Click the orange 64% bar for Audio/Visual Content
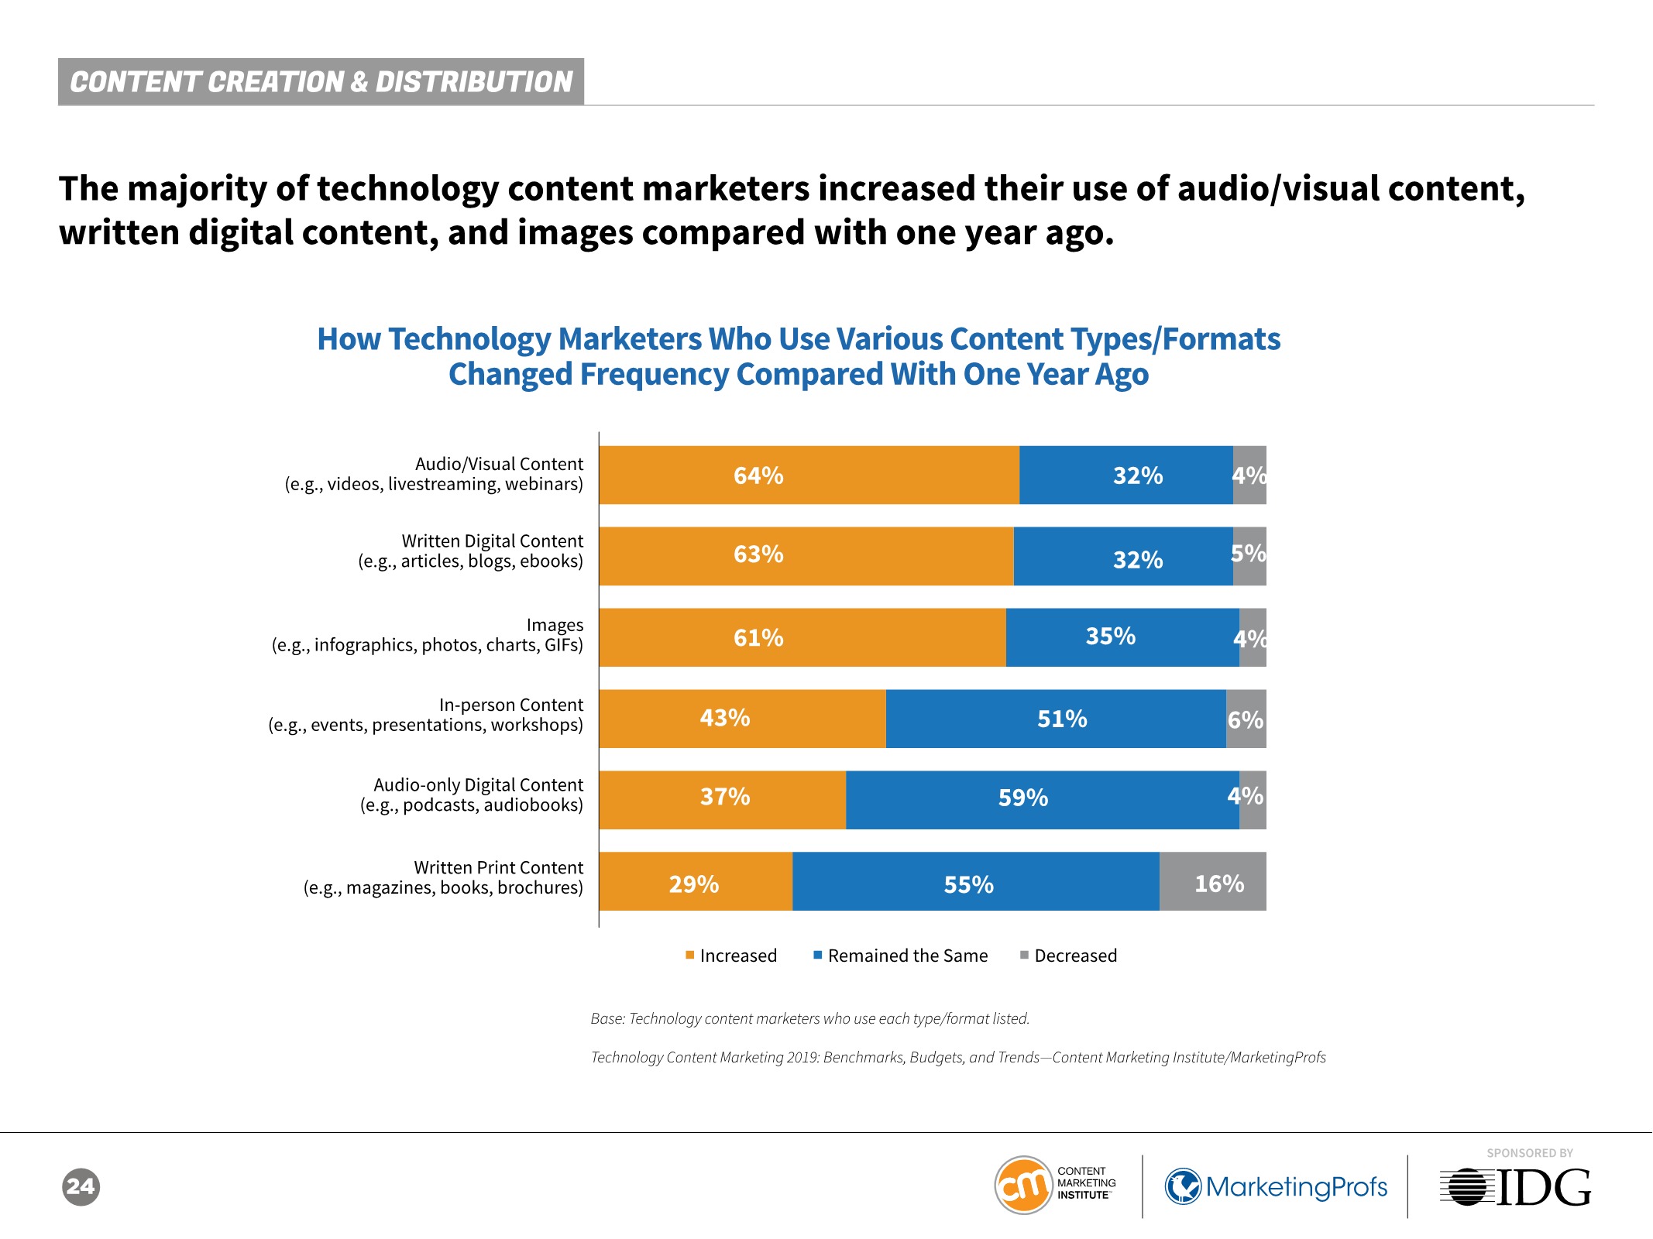[x=809, y=475]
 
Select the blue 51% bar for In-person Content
[x=1056, y=719]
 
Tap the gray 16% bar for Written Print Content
[x=1212, y=881]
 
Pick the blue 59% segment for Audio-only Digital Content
[x=1042, y=800]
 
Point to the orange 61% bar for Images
[x=802, y=637]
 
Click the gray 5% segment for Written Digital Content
[x=1249, y=556]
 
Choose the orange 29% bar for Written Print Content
[x=696, y=881]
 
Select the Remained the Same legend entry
[x=900, y=956]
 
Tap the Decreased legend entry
[x=1068, y=956]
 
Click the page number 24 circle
[x=81, y=1186]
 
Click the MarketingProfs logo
[x=1276, y=1186]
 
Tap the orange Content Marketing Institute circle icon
[x=1023, y=1186]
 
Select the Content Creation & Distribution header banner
[x=321, y=81]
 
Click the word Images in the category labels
[x=555, y=625]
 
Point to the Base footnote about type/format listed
[x=809, y=1018]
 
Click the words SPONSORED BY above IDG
[x=1529, y=1153]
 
